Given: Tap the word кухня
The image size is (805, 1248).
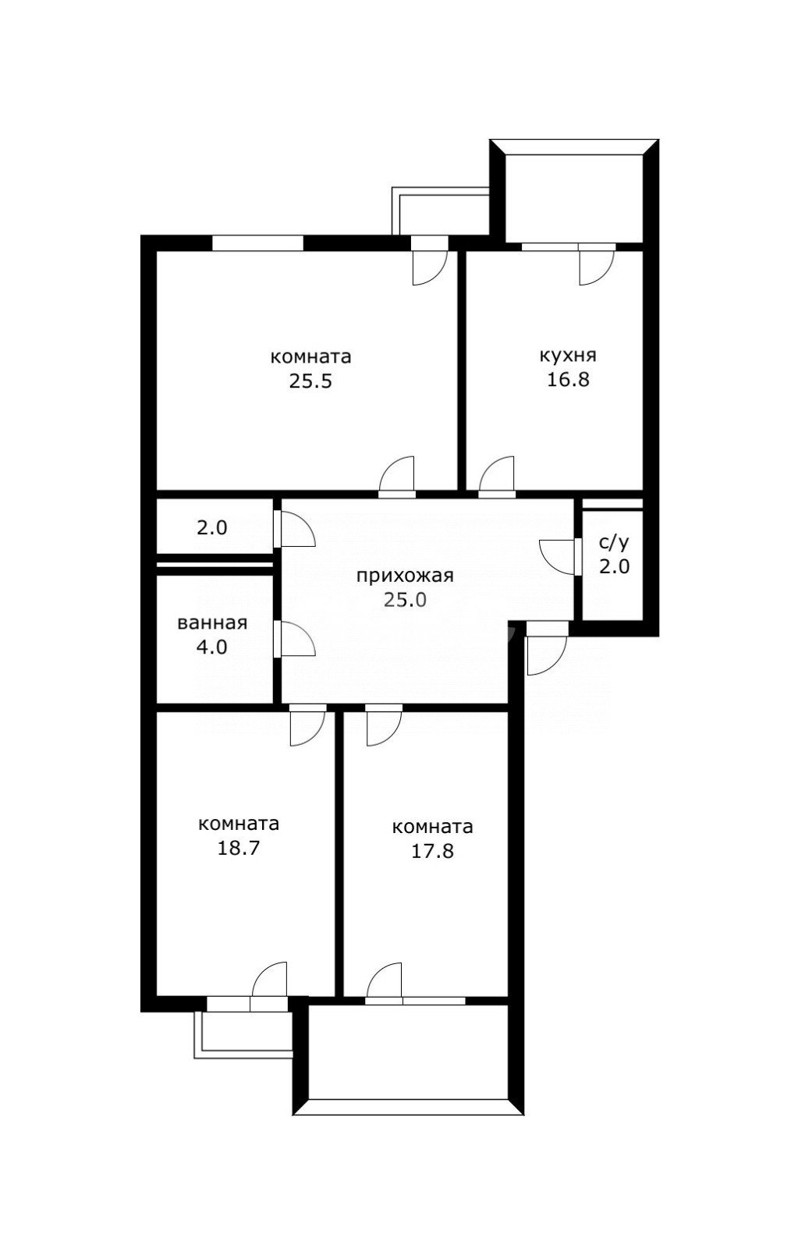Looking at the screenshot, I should pos(568,356).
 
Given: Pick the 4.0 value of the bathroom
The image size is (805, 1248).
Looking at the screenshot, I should pos(212,647).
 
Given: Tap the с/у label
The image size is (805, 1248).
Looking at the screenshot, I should pos(614,542).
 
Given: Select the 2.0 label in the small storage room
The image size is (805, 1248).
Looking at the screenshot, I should pos(211,527).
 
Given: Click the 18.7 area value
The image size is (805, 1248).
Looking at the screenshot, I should pos(239,848).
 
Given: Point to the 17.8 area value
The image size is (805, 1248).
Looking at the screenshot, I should pos(432,851).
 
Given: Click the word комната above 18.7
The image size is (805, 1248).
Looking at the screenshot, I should pos(239,824).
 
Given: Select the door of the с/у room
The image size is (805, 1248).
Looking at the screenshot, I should pos(559,555).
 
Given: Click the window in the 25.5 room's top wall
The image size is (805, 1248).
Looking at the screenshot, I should pos(257,243).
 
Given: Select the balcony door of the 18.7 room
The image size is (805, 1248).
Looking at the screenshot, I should pos(269,984).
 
